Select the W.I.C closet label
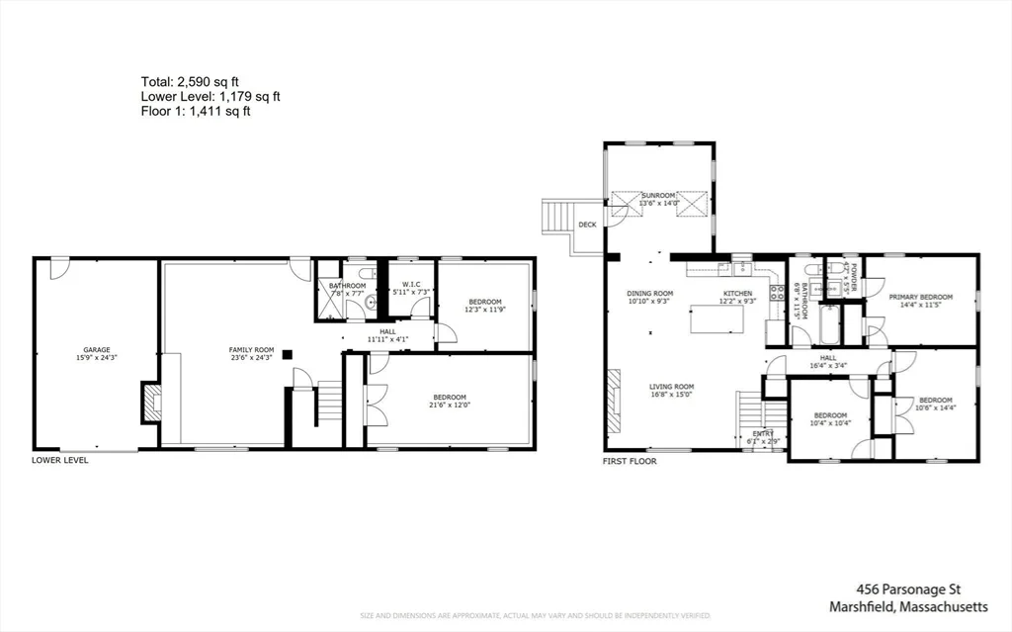click(x=411, y=286)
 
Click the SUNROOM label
click(x=657, y=196)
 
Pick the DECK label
click(x=587, y=226)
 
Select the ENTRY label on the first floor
click(x=764, y=433)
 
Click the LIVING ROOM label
click(x=671, y=387)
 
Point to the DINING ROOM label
click(x=649, y=294)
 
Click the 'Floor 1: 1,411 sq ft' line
click(x=196, y=112)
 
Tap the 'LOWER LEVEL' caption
click(x=60, y=461)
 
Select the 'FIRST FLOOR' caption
click(x=630, y=461)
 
